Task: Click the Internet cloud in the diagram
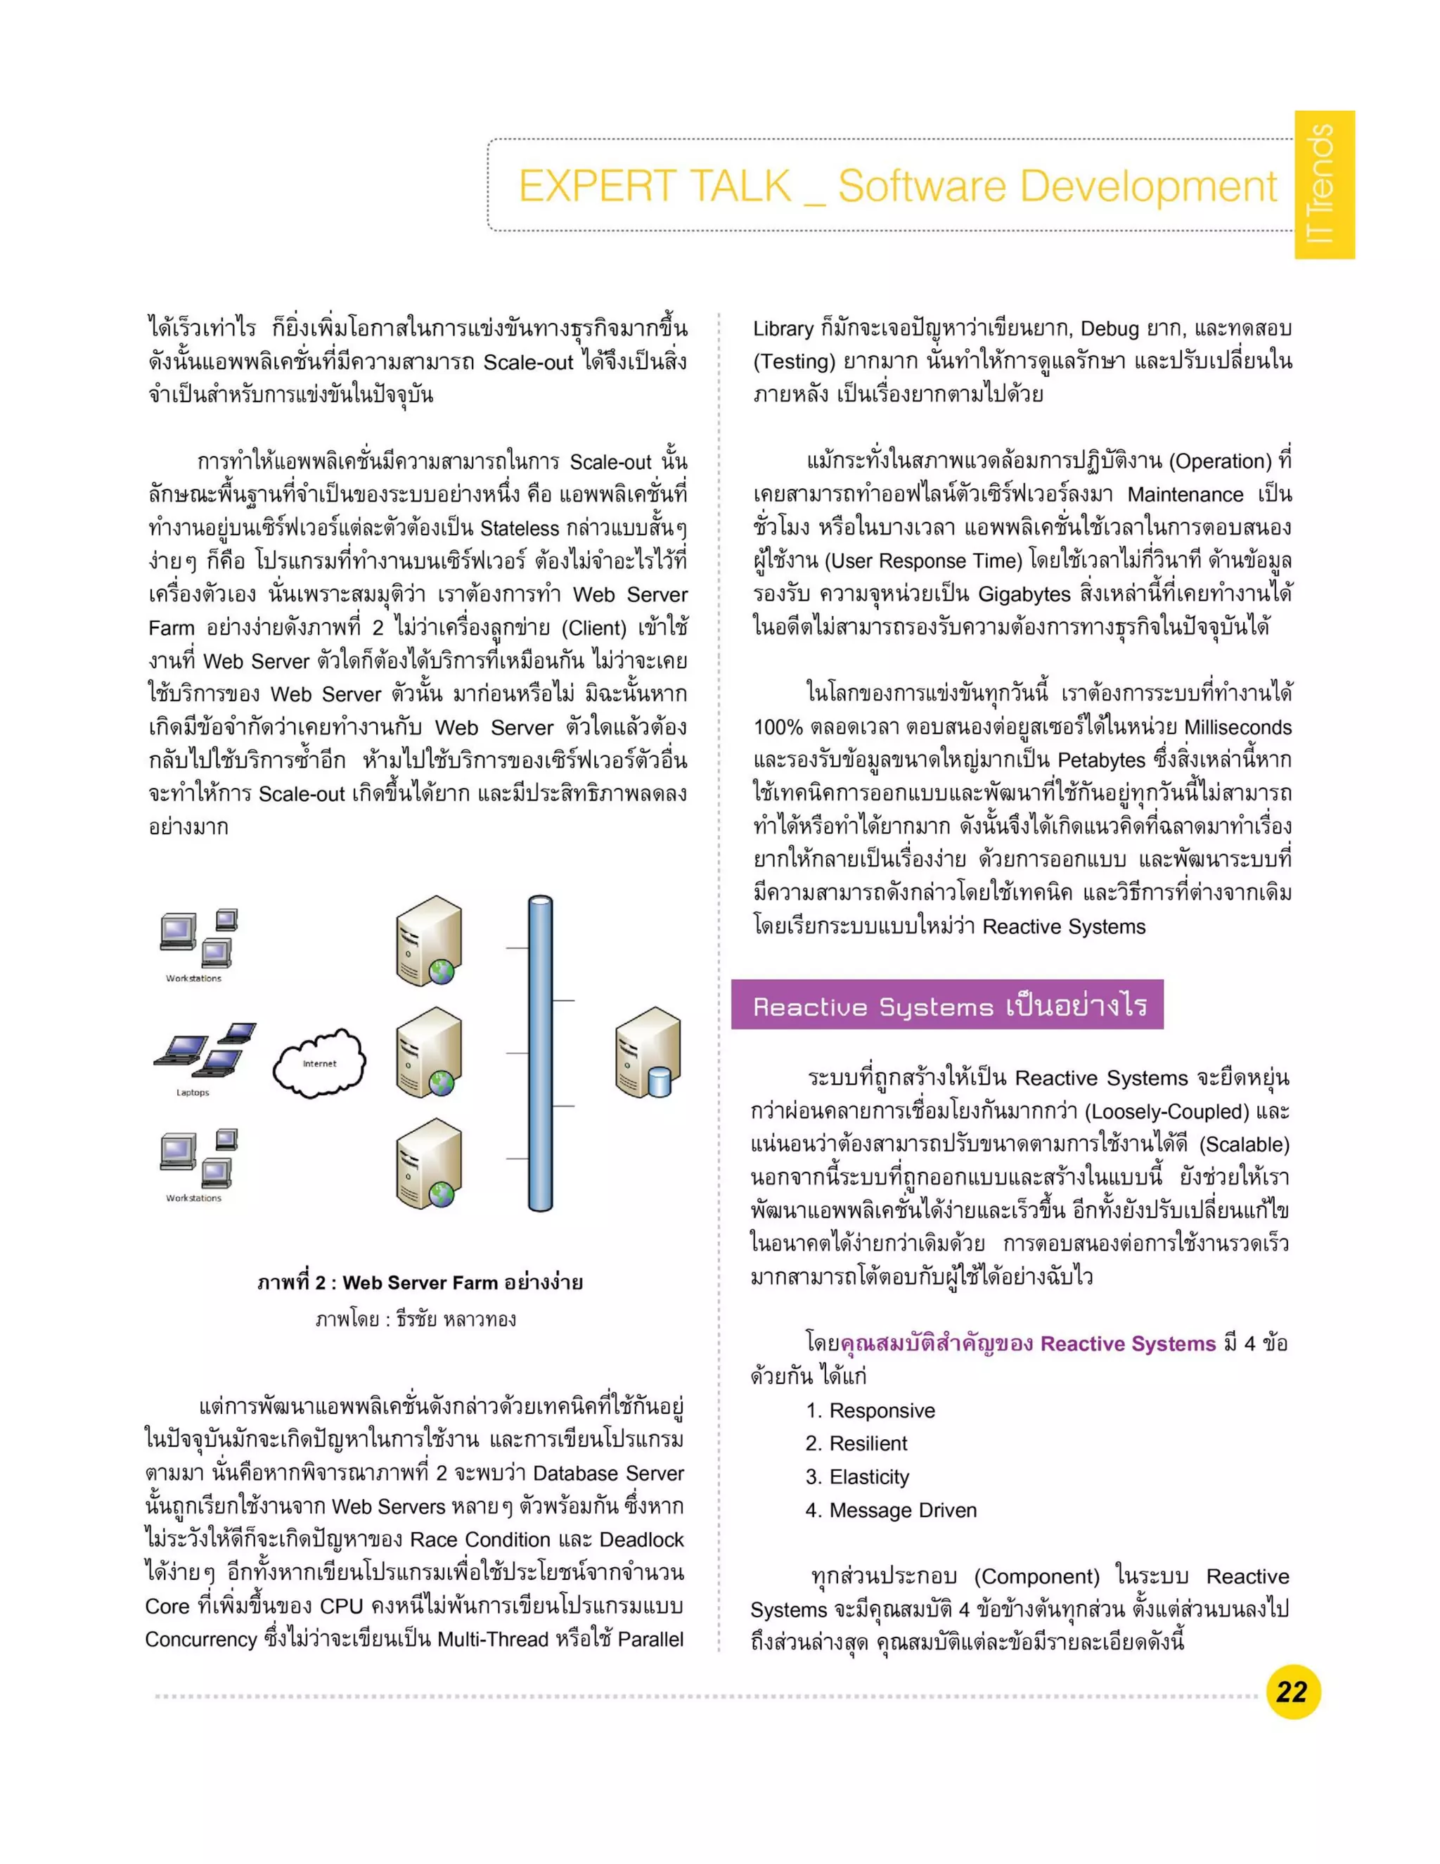319,1063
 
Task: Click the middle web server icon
429,1052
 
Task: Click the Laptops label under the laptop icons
193,1092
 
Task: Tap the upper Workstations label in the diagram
193,978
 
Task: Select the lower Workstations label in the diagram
193,1199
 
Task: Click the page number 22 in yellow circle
1292,1692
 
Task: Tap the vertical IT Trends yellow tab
1324,184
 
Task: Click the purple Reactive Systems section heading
947,1007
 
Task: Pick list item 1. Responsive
870,1411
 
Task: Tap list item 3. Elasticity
857,1476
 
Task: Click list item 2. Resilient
856,1443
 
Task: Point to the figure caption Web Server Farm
420,1283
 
